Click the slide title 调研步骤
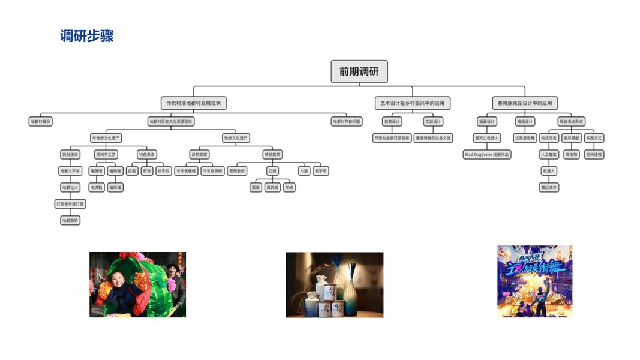point(87,36)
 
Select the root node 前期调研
point(359,71)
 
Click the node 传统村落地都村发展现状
point(194,103)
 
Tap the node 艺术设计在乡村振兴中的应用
point(413,103)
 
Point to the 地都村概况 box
point(41,121)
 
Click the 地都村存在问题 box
point(347,121)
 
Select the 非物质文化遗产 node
point(106,138)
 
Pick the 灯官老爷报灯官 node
point(70,204)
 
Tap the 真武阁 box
point(272,187)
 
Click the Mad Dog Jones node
point(487,154)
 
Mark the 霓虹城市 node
point(549,187)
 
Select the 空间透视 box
point(594,154)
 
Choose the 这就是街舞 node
point(524,138)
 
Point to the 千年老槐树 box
point(186,171)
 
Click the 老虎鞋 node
point(97,187)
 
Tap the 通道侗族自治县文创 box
point(433,138)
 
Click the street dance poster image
point(534,281)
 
